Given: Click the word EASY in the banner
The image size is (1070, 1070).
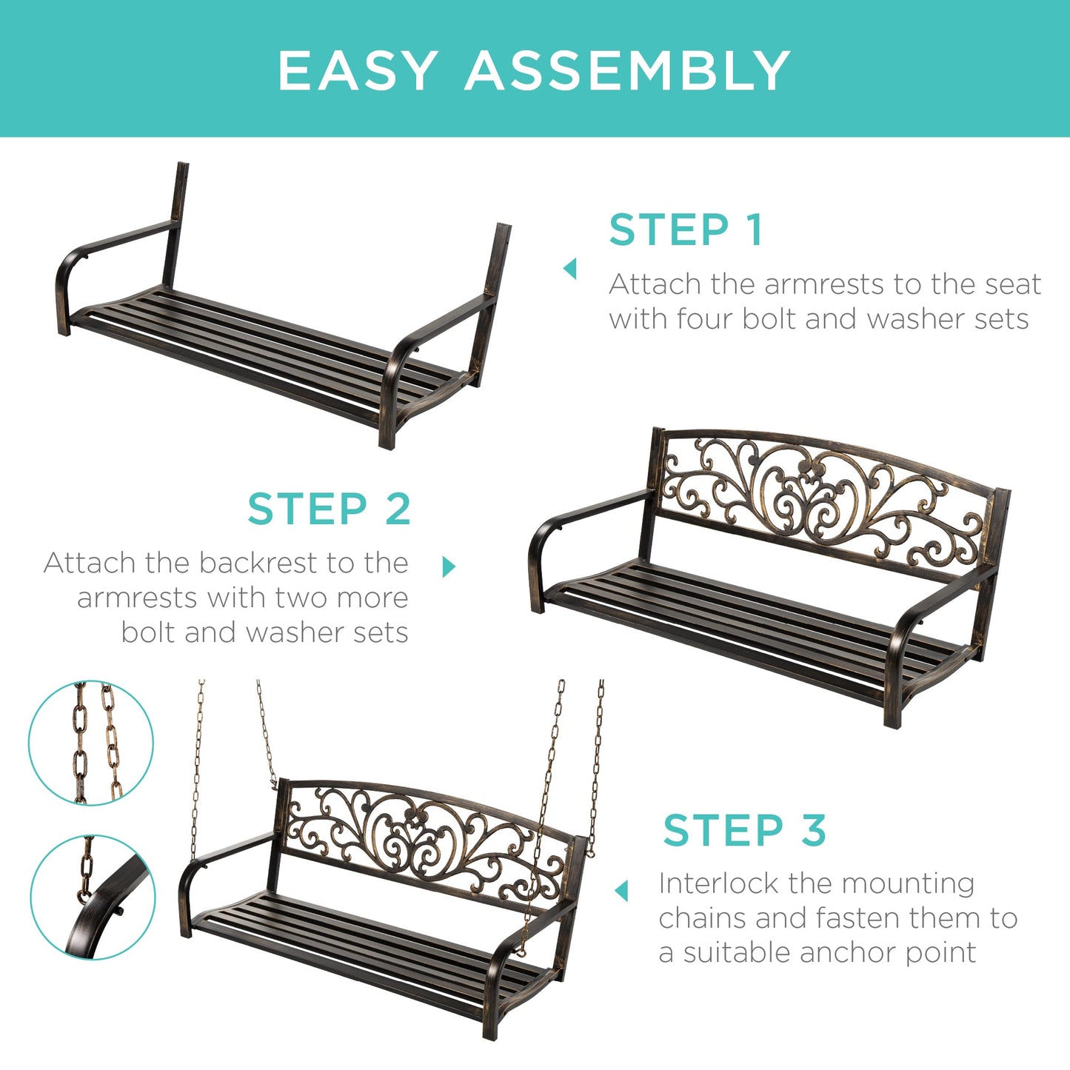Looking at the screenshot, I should (x=357, y=71).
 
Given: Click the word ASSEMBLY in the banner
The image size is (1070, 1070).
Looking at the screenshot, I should (x=628, y=71).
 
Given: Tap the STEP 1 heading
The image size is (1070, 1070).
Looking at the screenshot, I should (x=686, y=230).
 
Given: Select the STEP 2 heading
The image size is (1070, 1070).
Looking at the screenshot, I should (x=329, y=509).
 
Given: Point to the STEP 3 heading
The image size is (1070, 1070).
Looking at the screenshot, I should (x=744, y=830).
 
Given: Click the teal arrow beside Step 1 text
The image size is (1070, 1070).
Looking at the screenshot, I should (x=569, y=268).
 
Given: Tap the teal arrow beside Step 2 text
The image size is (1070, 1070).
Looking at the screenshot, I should (x=448, y=567).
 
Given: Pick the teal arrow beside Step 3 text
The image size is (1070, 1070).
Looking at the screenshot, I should (x=621, y=891).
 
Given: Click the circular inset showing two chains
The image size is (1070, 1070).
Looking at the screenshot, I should (x=91, y=743).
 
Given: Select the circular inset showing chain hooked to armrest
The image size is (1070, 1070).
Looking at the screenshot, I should (x=93, y=897).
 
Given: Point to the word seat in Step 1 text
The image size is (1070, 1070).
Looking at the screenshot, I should (x=1013, y=284).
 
